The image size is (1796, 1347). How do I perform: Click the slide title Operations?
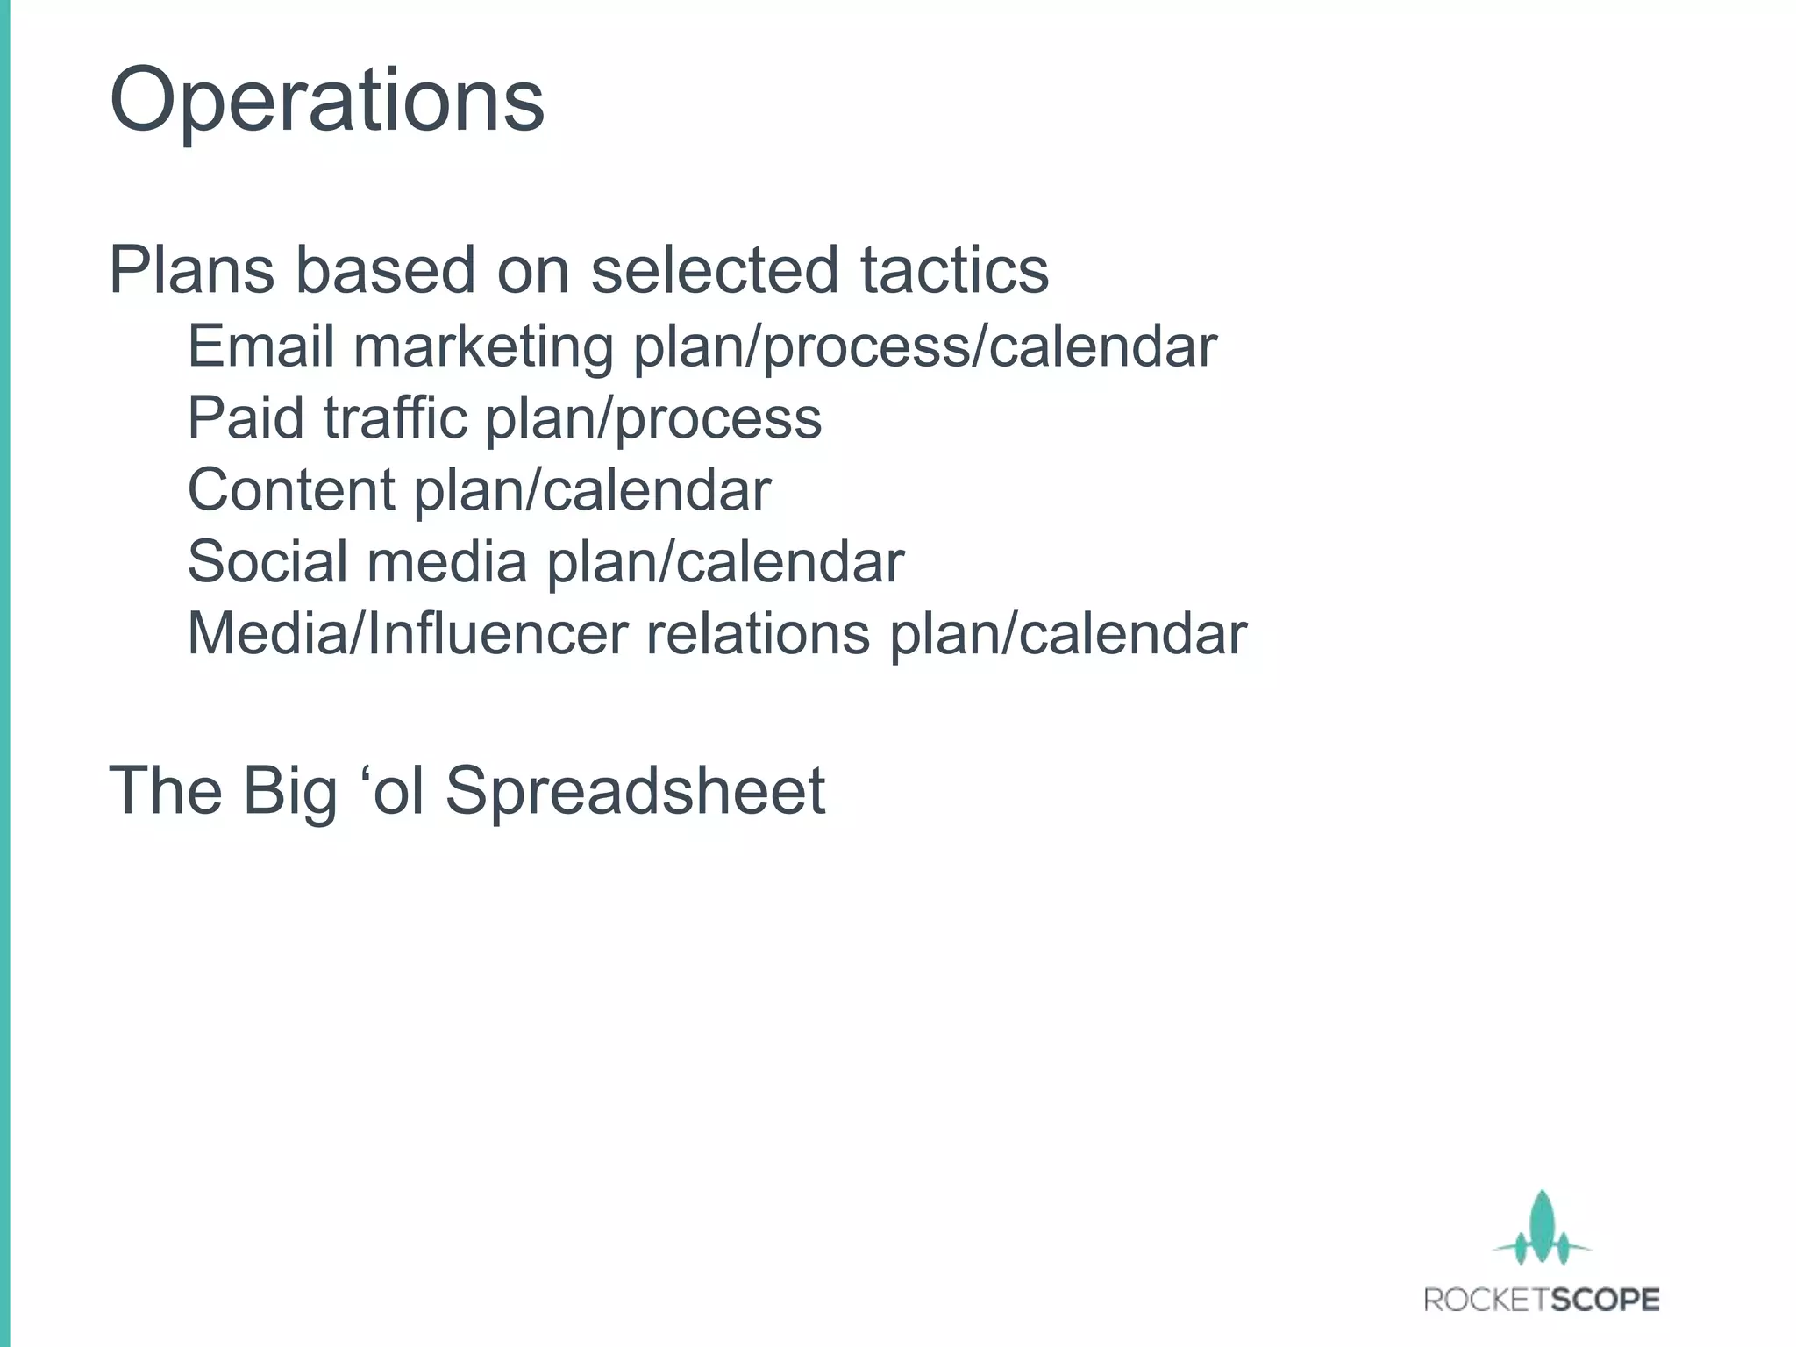click(x=326, y=102)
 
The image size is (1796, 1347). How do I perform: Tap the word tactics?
click(x=953, y=270)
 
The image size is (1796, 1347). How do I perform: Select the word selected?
click(x=715, y=270)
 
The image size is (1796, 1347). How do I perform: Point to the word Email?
click(x=260, y=346)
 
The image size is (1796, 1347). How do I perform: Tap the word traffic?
click(x=395, y=418)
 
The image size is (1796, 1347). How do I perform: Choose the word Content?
click(x=291, y=490)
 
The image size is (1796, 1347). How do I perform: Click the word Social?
click(x=268, y=562)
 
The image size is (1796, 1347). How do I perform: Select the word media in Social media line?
click(x=446, y=562)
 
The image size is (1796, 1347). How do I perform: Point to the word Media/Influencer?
click(x=408, y=634)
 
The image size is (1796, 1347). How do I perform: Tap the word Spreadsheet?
click(x=635, y=791)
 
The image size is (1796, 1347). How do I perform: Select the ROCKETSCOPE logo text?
click(x=1542, y=1300)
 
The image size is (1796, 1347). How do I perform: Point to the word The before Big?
click(x=165, y=791)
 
